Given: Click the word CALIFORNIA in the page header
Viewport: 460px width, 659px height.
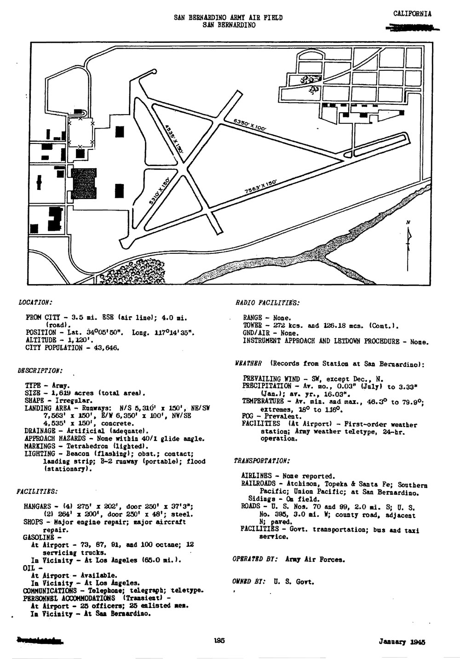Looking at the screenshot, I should (413, 14).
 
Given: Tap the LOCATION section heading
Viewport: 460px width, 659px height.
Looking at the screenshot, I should (35, 303).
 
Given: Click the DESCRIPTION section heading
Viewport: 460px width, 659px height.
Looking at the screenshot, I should (40, 370).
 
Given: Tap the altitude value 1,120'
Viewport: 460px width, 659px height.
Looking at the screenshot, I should (83, 340).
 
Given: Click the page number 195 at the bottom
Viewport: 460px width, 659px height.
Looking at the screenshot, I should (219, 641).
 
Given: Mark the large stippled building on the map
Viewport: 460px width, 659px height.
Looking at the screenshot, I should (85, 183).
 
